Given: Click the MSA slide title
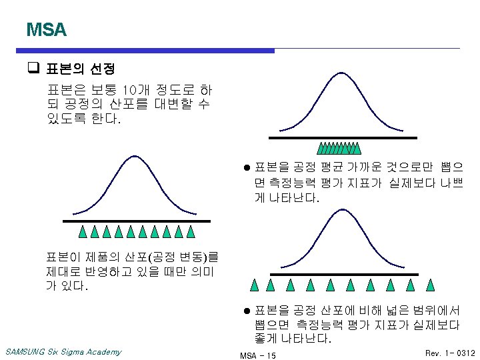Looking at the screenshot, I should coord(46,30).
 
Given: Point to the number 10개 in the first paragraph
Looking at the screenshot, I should coord(132,89).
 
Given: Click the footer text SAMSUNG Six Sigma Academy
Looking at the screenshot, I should coord(63,351).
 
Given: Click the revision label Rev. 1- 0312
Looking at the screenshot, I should coord(450,352).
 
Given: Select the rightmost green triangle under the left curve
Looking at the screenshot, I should coord(191,232).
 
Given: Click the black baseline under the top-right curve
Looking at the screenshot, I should coord(343,137).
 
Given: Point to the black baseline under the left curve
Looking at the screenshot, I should coord(137,221).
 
